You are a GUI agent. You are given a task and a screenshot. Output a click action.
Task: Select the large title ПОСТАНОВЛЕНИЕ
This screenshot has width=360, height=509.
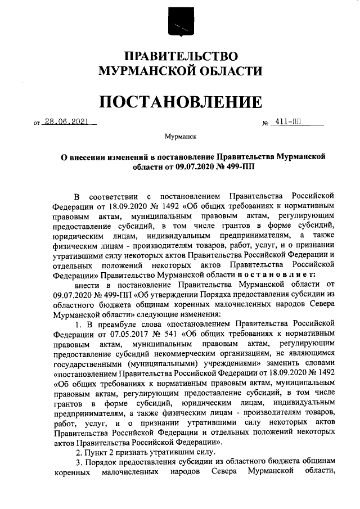click(180, 102)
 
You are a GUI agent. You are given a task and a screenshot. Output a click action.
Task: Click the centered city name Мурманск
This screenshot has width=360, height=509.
click(180, 136)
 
